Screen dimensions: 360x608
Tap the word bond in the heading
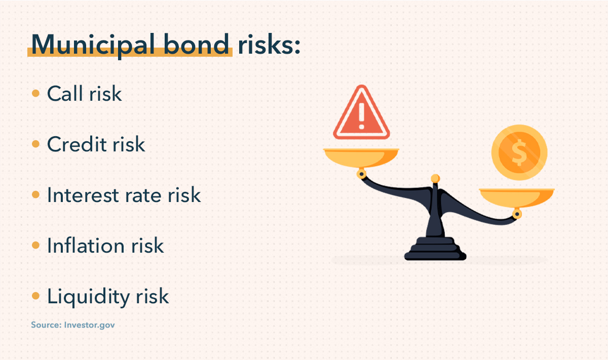(x=203, y=46)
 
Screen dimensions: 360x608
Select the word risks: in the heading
(x=269, y=46)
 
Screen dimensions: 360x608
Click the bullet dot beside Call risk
(x=35, y=94)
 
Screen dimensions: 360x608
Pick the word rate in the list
(x=142, y=196)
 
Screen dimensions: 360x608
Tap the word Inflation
(x=84, y=246)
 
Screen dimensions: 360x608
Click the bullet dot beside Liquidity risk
(x=35, y=296)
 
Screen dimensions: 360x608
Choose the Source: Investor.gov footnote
(x=73, y=325)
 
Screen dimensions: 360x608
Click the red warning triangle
(x=361, y=114)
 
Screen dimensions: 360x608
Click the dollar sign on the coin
(x=519, y=152)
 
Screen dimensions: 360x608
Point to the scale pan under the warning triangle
(x=361, y=157)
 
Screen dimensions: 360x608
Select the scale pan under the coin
(x=517, y=197)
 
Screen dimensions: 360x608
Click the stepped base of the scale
(x=435, y=249)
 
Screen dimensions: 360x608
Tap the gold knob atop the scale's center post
(x=435, y=178)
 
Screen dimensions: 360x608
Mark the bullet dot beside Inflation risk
(x=35, y=246)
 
